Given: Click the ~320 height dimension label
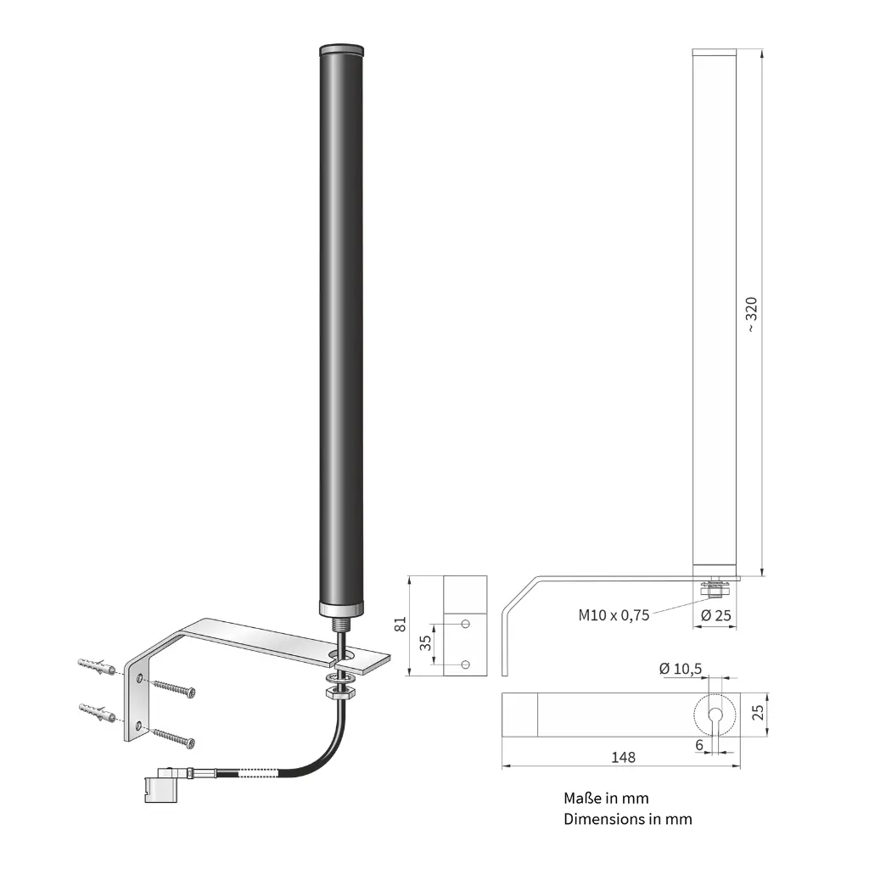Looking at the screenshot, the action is pos(751,314).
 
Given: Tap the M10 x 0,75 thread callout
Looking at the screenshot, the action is pos(614,615).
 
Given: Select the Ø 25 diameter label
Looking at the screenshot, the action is pos(715,615).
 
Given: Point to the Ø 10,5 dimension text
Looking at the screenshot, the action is pos(681,669).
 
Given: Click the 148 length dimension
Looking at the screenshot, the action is pos(623,757).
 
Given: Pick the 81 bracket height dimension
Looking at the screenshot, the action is pos(401,624).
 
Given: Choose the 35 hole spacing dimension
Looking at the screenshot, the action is pos(425,643).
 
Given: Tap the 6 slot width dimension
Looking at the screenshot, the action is pos(699,745).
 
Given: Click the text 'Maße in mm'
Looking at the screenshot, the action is pos(606,798).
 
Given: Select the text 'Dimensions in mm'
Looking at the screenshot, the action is pos(628,819).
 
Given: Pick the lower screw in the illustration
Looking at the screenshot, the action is pos(173,738).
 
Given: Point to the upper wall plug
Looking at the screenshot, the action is pos(97,666).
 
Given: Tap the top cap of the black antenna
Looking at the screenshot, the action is pos(341,49).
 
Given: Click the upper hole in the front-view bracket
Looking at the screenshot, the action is pos(466,624).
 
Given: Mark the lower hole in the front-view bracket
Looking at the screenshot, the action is pos(466,664).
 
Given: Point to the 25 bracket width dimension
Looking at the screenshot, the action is pos(758,712).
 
